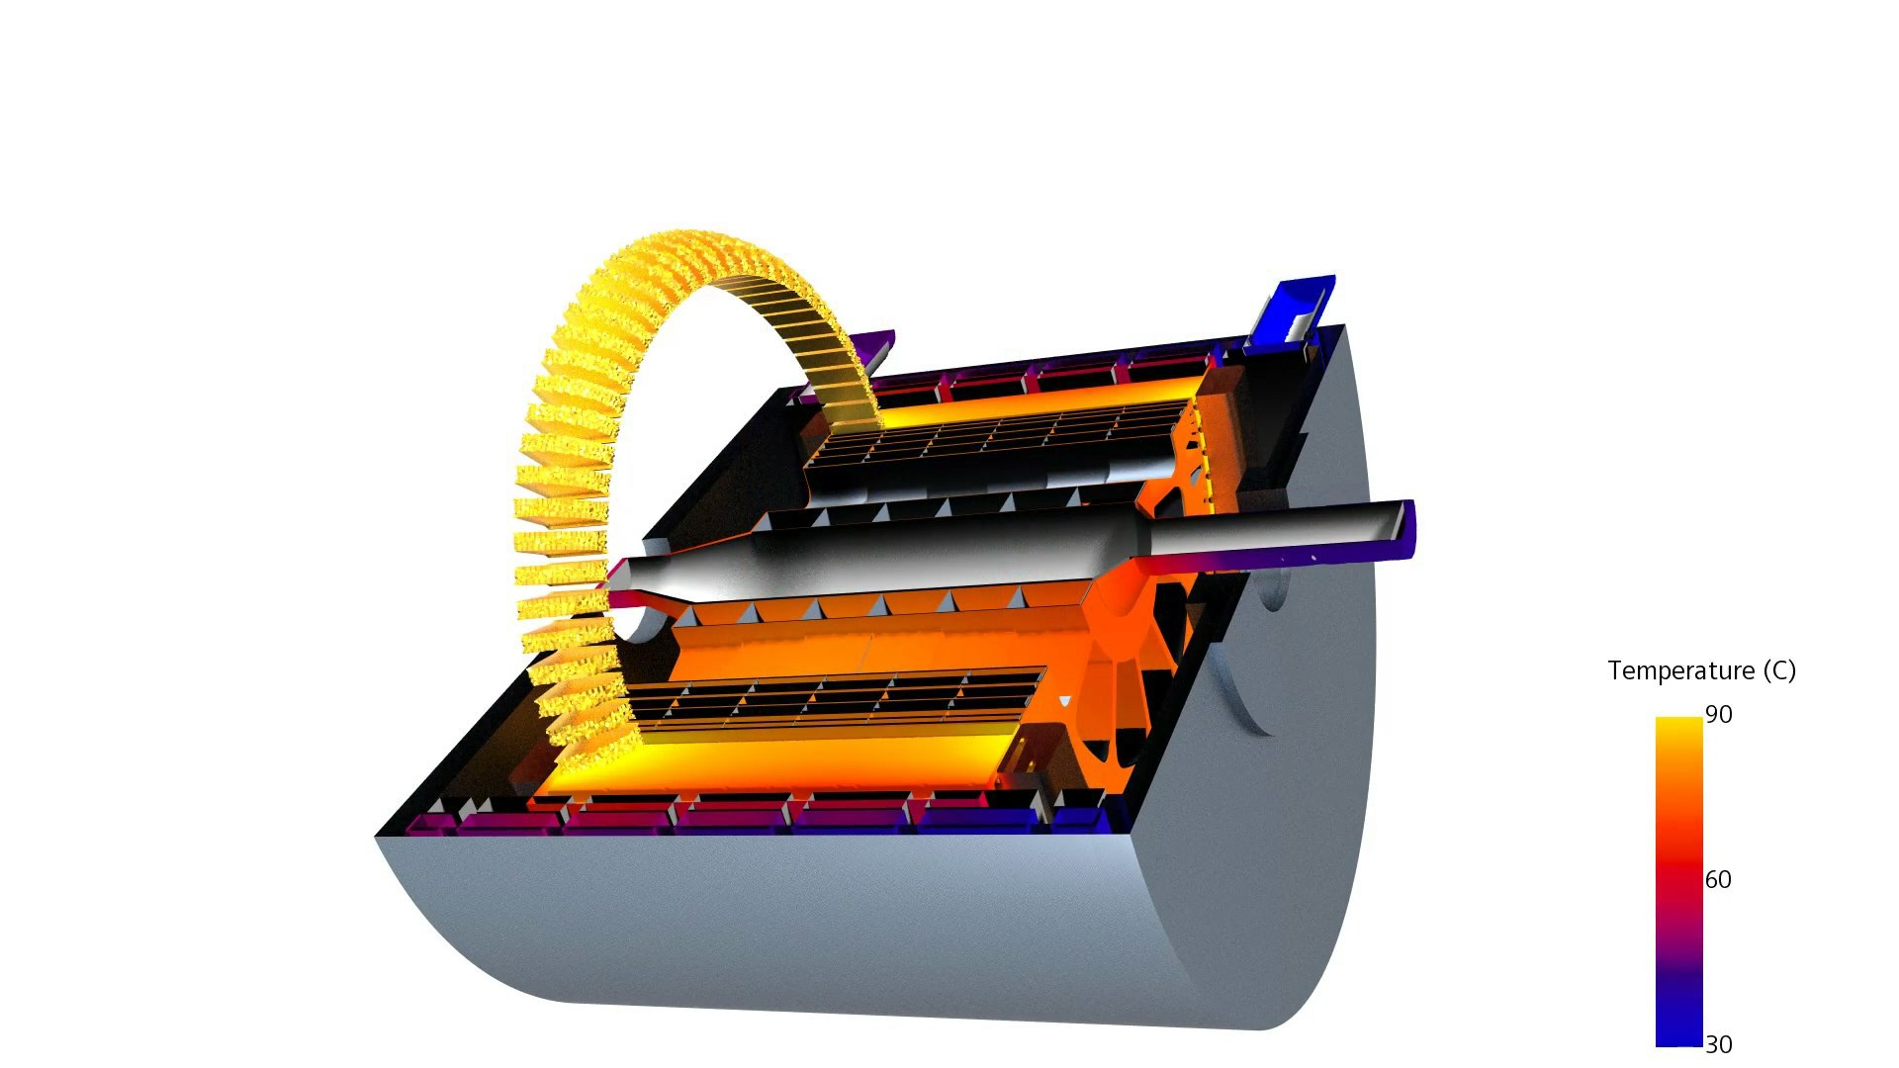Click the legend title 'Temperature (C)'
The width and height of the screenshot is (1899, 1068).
pyautogui.click(x=1701, y=670)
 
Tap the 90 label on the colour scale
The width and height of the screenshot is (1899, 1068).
pyautogui.click(x=1719, y=714)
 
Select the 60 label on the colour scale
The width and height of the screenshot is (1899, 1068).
pyautogui.click(x=1719, y=879)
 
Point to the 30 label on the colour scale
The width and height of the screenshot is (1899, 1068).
pyautogui.click(x=1719, y=1044)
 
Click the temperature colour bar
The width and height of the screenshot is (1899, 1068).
pyautogui.click(x=1678, y=881)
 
